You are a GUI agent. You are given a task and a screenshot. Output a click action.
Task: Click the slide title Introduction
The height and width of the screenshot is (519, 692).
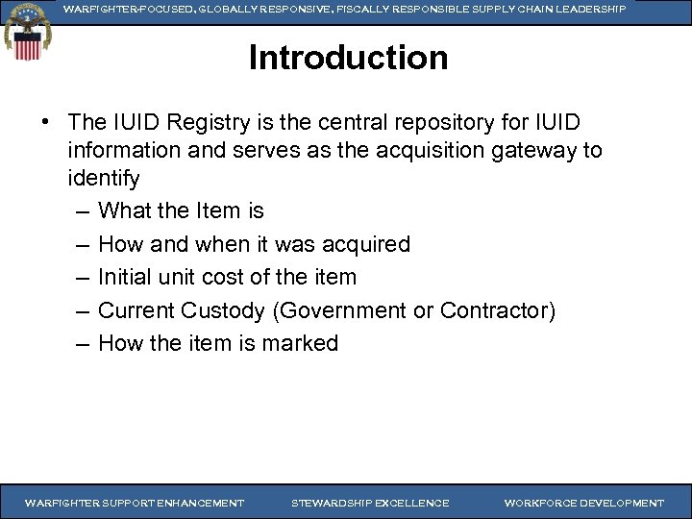[348, 59]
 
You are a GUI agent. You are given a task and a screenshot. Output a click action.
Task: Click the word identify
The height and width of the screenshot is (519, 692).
[104, 178]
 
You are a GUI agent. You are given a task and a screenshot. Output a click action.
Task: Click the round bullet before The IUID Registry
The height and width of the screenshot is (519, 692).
[46, 124]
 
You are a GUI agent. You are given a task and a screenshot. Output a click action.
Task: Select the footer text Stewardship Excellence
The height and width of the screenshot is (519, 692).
[370, 503]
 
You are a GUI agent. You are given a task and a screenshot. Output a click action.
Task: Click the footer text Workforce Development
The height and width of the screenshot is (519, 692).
[583, 503]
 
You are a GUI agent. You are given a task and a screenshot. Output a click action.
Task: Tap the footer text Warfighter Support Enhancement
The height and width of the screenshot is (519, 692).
[135, 503]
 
